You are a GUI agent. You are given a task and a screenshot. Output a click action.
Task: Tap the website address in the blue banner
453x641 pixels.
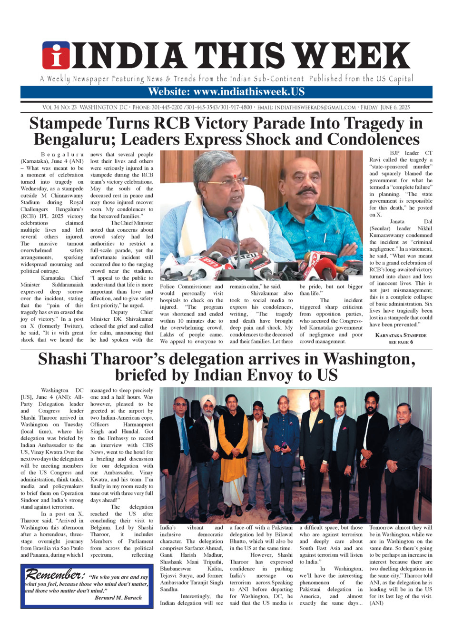tap(226, 92)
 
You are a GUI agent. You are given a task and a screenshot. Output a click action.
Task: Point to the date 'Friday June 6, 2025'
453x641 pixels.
tap(385, 108)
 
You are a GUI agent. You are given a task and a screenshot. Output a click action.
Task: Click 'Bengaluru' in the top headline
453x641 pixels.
tap(75, 140)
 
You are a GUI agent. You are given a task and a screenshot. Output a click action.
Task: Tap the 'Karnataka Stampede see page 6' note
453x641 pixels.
tap(401, 338)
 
